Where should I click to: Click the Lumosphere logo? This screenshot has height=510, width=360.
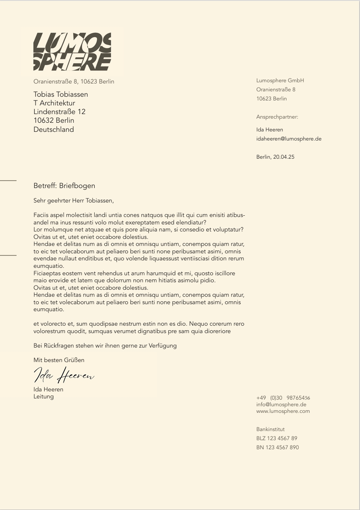point(72,52)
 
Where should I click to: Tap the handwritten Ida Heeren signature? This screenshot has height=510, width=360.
point(64,375)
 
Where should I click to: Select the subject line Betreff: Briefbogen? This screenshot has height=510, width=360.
point(64,186)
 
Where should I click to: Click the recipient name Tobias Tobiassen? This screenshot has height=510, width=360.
point(61,94)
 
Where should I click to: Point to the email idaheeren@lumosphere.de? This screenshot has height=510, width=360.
point(288,139)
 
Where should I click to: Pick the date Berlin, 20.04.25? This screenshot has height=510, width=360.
point(275,157)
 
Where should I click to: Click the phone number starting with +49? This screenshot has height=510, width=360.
point(283,398)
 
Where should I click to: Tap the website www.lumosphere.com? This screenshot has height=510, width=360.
point(283,411)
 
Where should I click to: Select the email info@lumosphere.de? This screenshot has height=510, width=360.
point(281,405)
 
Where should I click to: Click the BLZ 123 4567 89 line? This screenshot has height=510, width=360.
point(277,439)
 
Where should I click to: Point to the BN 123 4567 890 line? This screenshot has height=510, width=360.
point(277,448)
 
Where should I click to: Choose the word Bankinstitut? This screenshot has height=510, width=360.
point(270,429)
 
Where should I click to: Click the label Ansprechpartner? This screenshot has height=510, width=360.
point(277,117)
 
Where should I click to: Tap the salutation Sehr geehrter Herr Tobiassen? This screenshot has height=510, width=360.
point(73,201)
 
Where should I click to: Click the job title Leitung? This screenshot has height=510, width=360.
point(43,397)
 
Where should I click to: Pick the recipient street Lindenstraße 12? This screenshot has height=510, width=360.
point(60,112)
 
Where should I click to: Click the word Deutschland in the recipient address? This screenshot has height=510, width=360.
point(54,129)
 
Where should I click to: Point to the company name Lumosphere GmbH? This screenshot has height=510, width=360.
point(280,81)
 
